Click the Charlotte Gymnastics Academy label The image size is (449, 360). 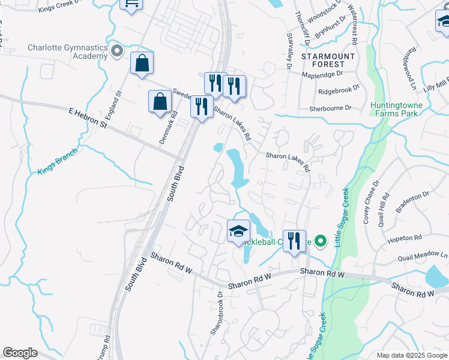[x=67, y=52]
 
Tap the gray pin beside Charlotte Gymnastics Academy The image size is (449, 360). [x=118, y=52]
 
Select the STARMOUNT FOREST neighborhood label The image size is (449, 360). [x=324, y=59]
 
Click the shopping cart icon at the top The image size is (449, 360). [x=131, y=4]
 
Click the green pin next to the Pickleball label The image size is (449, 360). [x=321, y=242]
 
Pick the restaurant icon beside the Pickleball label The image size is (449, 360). [x=294, y=241]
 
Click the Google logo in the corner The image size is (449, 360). [x=20, y=353]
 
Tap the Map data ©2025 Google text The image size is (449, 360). [x=411, y=355]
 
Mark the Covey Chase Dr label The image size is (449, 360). [x=370, y=201]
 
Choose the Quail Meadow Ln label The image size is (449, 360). [x=422, y=257]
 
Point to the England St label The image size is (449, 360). [x=114, y=103]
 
